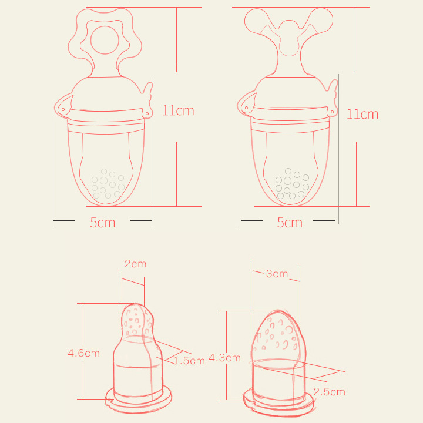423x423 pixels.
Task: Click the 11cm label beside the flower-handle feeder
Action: pyautogui.click(x=178, y=110)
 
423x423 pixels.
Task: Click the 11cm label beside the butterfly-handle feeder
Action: pyautogui.click(x=362, y=114)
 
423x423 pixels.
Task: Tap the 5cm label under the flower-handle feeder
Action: pyautogui.click(x=102, y=223)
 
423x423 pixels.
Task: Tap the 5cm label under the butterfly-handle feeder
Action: pyautogui.click(x=290, y=223)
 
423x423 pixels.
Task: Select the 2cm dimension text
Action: pyautogui.click(x=136, y=264)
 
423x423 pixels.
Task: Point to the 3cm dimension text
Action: pyautogui.click(x=277, y=274)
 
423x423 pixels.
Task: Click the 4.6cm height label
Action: pyautogui.click(x=83, y=353)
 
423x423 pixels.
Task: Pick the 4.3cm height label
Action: pyautogui.click(x=224, y=358)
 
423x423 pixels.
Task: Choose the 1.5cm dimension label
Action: pyautogui.click(x=189, y=361)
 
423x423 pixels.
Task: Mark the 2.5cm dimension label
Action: pyautogui.click(x=330, y=392)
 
